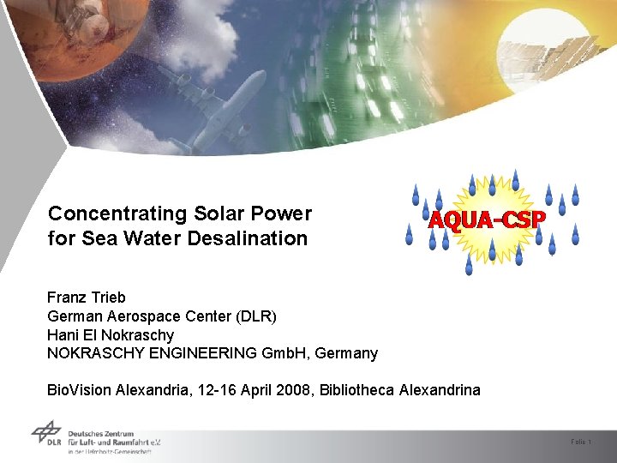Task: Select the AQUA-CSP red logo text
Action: point(486,219)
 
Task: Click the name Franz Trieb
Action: point(87,298)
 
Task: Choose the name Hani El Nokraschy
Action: point(111,335)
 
